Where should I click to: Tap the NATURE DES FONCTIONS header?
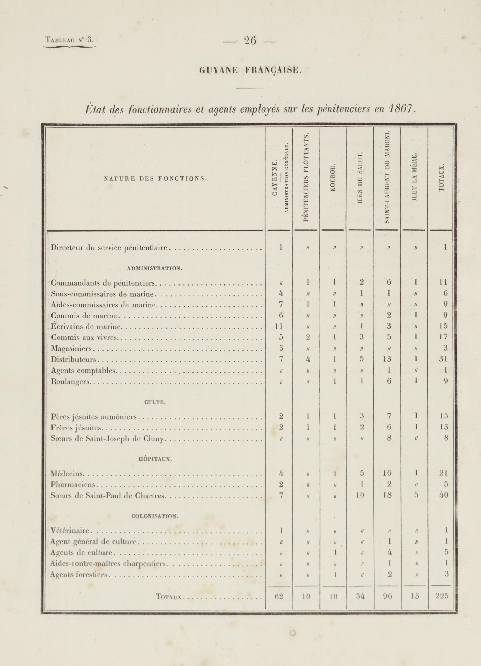click(x=155, y=178)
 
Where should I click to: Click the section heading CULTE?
click(x=155, y=402)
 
